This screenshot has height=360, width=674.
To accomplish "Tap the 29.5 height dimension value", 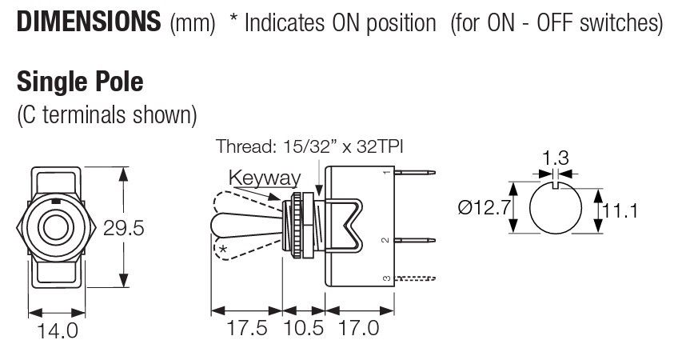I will pyautogui.click(x=124, y=230).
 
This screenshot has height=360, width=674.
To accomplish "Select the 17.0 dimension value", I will pyautogui.click(x=357, y=329).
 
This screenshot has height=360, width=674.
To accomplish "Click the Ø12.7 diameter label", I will pyautogui.click(x=483, y=210).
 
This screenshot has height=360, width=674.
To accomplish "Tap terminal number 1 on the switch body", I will pyautogui.click(x=386, y=171).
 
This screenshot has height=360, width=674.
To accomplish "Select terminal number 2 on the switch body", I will pyautogui.click(x=386, y=239).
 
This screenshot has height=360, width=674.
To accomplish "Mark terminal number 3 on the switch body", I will pyautogui.click(x=386, y=278).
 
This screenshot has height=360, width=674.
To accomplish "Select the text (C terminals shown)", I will pyautogui.click(x=106, y=114).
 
